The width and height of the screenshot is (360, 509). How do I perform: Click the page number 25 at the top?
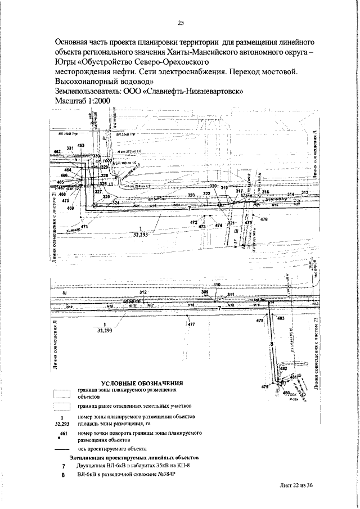tap(181, 23)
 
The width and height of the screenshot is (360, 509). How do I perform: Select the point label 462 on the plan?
tap(57, 152)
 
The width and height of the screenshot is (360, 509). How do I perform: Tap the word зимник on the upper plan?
tap(73, 229)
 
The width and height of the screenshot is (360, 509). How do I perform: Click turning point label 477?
tap(192, 325)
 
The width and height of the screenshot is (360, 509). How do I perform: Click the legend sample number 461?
tap(64, 434)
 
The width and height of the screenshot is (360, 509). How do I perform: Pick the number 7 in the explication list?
tap(64, 467)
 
